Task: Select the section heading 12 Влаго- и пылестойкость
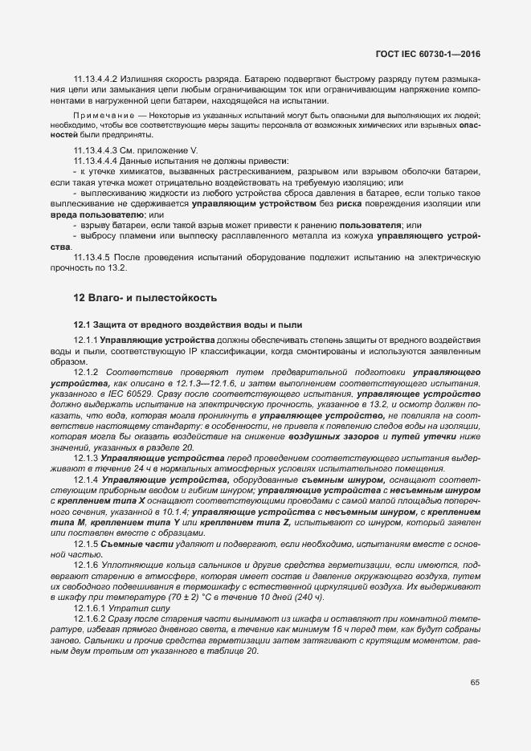pyautogui.click(x=145, y=298)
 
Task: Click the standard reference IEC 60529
pyautogui.click(x=150, y=396)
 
